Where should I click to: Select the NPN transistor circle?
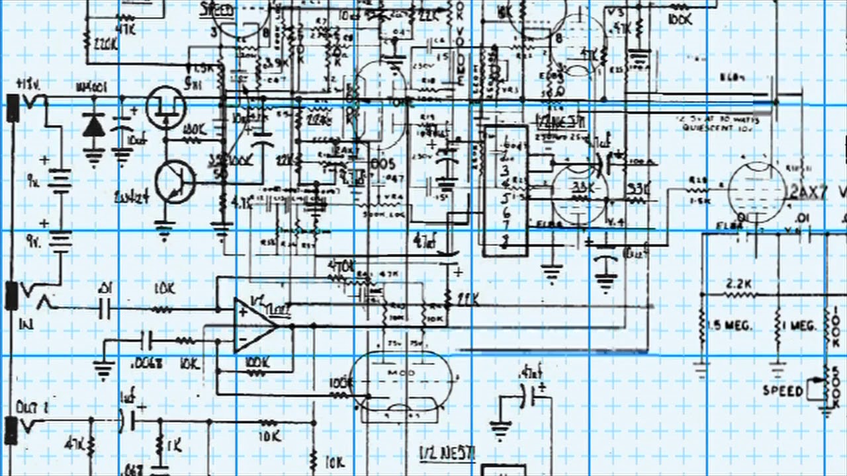[x=175, y=183]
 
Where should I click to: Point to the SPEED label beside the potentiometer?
[x=783, y=390]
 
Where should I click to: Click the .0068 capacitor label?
[x=148, y=362]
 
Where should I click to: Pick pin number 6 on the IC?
[x=506, y=212]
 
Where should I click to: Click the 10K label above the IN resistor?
[x=164, y=289]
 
